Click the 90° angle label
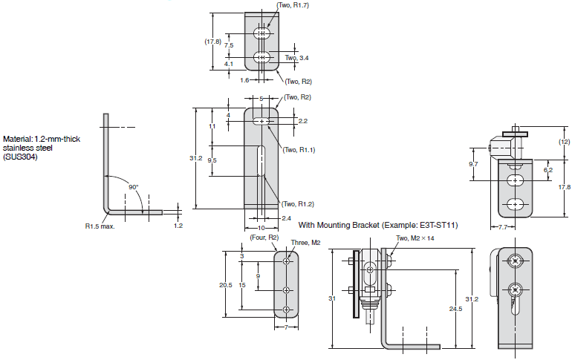[134, 187]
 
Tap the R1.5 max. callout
[100, 226]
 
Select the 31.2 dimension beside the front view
[196, 158]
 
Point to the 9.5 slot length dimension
[212, 160]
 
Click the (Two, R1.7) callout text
[293, 5]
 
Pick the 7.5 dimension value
[229, 45]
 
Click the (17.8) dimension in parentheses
[212, 42]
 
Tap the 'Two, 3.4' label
[297, 58]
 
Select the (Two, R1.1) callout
[299, 150]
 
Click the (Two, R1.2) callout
[298, 204]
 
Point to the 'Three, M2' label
[306, 243]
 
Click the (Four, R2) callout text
[264, 238]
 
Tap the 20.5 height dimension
[226, 285]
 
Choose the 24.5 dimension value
[455, 309]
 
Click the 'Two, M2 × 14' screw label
[415, 238]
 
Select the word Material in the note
[18, 139]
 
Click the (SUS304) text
[20, 157]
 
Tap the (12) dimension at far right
[564, 142]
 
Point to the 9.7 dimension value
[473, 164]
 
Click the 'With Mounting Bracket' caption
[339, 225]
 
